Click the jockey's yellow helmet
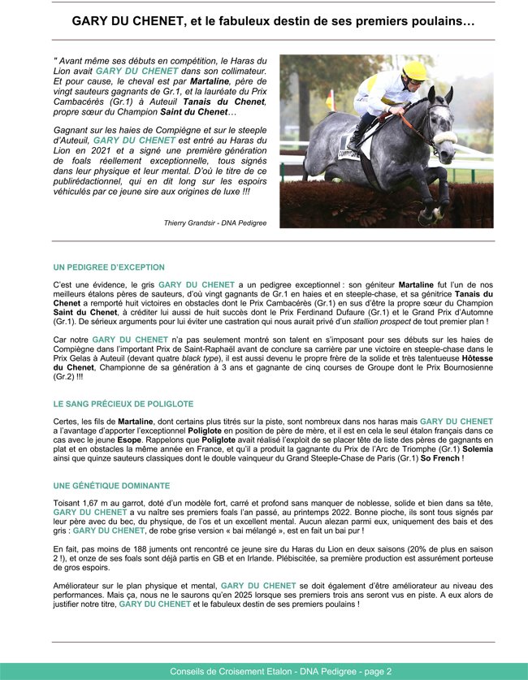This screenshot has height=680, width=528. pyautogui.click(x=415, y=71)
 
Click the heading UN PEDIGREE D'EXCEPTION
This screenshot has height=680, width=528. pyautogui.click(x=109, y=266)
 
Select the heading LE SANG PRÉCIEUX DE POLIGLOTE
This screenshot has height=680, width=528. pyautogui.click(x=123, y=403)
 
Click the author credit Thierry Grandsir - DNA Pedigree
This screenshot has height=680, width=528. pyautogui.click(x=215, y=223)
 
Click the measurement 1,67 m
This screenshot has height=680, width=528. pyautogui.click(x=98, y=504)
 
